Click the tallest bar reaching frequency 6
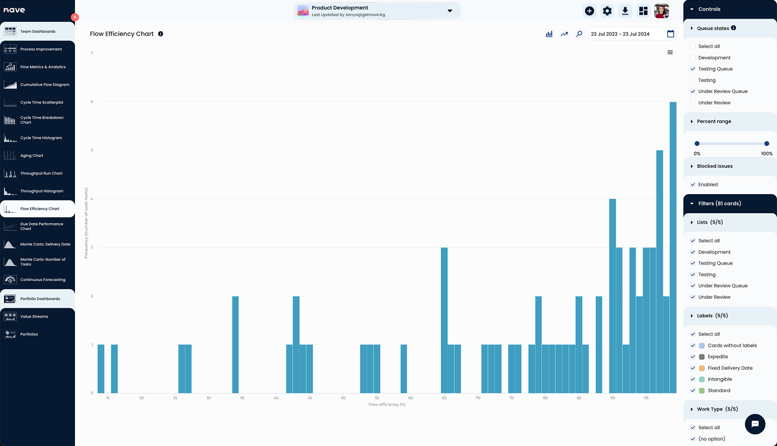673,248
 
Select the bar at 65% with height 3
444,321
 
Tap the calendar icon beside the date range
670,34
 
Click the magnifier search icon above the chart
579,34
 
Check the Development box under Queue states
693,58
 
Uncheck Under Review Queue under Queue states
693,91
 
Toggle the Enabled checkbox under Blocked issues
693,185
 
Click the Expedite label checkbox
693,357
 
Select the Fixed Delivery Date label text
730,368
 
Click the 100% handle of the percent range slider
767,144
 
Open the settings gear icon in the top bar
607,11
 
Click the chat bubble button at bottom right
755,424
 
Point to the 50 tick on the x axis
343,398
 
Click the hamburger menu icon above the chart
670,52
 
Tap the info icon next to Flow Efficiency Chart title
160,34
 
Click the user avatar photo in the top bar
661,11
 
